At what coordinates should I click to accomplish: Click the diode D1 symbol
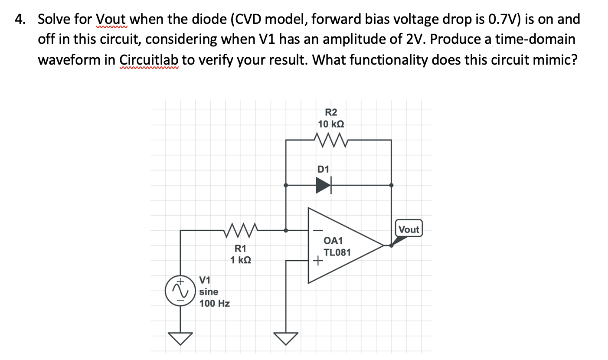(324, 185)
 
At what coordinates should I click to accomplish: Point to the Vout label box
(409, 229)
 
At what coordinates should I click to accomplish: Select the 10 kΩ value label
(331, 124)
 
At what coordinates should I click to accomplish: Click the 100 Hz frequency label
(214, 303)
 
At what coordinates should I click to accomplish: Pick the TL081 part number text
(337, 252)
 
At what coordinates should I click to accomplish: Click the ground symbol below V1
(180, 337)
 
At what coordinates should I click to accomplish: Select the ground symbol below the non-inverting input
(286, 337)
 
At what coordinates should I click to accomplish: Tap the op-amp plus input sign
(318, 261)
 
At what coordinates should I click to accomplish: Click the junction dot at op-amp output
(391, 245)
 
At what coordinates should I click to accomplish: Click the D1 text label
(323, 168)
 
